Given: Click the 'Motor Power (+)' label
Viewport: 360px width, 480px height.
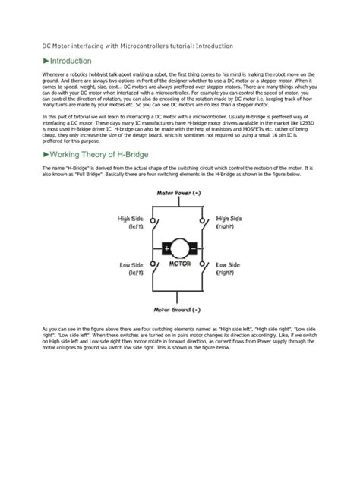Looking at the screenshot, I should (178, 193).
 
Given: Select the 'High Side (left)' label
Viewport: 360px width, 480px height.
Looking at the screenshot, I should (131, 222).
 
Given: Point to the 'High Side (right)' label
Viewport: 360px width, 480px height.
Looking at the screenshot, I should (230, 222).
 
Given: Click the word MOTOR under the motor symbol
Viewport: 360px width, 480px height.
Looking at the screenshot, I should (180, 265).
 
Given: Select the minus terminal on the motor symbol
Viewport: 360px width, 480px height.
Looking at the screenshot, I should (194, 248).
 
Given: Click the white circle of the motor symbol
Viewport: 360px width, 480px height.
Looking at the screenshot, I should (180, 248).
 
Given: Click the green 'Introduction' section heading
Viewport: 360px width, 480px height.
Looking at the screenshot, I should (71, 61).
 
